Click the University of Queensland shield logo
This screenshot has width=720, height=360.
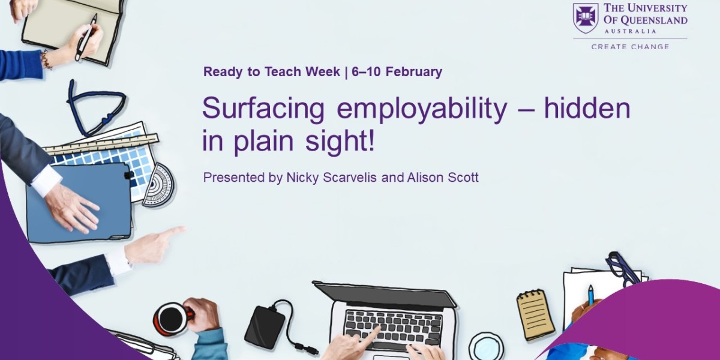click(x=586, y=18)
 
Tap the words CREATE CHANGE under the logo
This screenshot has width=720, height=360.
click(x=630, y=46)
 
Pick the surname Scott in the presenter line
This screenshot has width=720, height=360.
click(x=463, y=178)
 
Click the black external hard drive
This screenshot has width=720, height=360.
click(x=265, y=326)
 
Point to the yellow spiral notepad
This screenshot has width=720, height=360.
click(x=535, y=314)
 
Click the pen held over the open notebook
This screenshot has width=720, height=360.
click(x=85, y=38)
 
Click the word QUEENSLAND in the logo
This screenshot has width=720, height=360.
click(x=655, y=20)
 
